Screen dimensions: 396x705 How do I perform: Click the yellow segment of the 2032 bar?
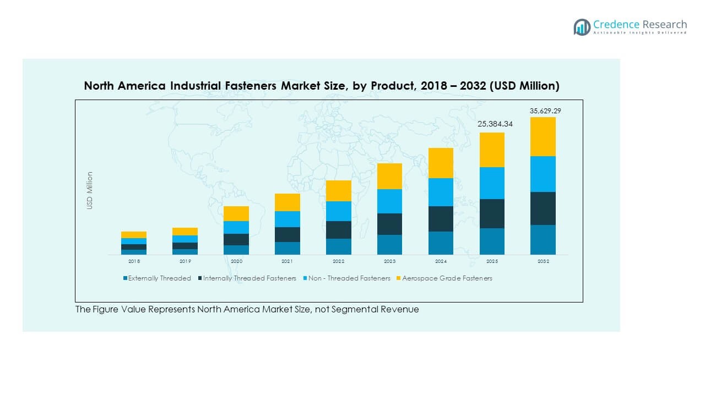pyautogui.click(x=543, y=136)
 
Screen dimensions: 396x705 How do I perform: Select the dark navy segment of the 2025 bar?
pyautogui.click(x=491, y=213)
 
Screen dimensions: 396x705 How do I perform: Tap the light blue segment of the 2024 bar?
pyautogui.click(x=440, y=192)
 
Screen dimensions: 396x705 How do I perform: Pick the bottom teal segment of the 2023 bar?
pyautogui.click(x=389, y=244)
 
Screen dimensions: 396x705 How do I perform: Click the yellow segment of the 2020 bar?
pyautogui.click(x=236, y=213)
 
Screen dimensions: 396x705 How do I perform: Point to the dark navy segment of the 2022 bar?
pyautogui.click(x=338, y=229)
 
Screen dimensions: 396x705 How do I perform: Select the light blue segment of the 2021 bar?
pyautogui.click(x=287, y=219)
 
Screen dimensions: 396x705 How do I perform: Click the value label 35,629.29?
pyautogui.click(x=545, y=111)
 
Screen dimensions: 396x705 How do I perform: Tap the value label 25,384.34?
pyautogui.click(x=494, y=124)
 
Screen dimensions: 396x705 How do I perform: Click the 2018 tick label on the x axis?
pyautogui.click(x=134, y=261)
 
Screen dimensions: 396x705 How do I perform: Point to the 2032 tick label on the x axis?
pyautogui.click(x=543, y=261)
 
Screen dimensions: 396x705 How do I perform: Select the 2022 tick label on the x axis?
pyautogui.click(x=338, y=261)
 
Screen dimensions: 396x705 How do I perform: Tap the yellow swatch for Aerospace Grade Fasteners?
pyautogui.click(x=399, y=278)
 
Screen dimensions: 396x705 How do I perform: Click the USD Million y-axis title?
pyautogui.click(x=90, y=190)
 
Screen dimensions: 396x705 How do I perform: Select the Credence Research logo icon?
pyautogui.click(x=582, y=27)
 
